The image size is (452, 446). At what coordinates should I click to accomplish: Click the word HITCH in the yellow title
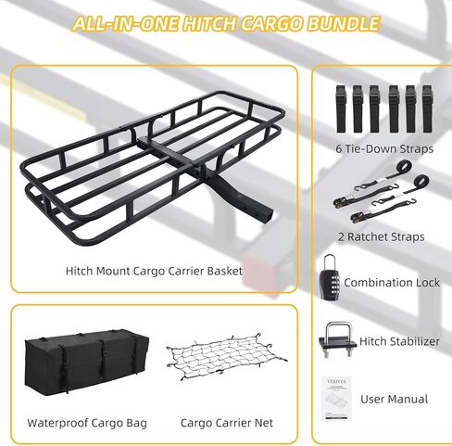[x=209, y=23]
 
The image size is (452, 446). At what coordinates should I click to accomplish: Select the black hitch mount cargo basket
[x=152, y=168]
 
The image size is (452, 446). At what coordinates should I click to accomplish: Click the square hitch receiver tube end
[x=268, y=215]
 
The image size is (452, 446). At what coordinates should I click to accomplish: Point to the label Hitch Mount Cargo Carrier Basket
[x=154, y=271]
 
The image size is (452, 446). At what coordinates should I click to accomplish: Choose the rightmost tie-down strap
[x=427, y=108]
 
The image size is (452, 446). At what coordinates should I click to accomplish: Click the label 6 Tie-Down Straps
[x=384, y=149]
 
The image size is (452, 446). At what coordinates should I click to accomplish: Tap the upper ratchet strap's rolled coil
[x=404, y=168]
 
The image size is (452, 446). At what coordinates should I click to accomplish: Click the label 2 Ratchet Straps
[x=382, y=237]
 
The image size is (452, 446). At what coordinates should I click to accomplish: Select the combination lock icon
[x=330, y=277]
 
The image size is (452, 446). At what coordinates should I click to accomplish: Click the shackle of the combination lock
[x=330, y=261]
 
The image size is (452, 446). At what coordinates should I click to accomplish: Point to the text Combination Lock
[x=392, y=283]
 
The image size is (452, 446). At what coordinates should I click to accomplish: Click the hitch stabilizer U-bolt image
[x=337, y=340]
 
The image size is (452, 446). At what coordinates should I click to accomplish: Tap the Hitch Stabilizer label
[x=399, y=341]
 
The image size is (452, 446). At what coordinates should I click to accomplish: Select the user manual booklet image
[x=336, y=399]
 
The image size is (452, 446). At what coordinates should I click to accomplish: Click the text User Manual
[x=395, y=399]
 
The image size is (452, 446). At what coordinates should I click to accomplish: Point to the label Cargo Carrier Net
[x=227, y=423]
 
